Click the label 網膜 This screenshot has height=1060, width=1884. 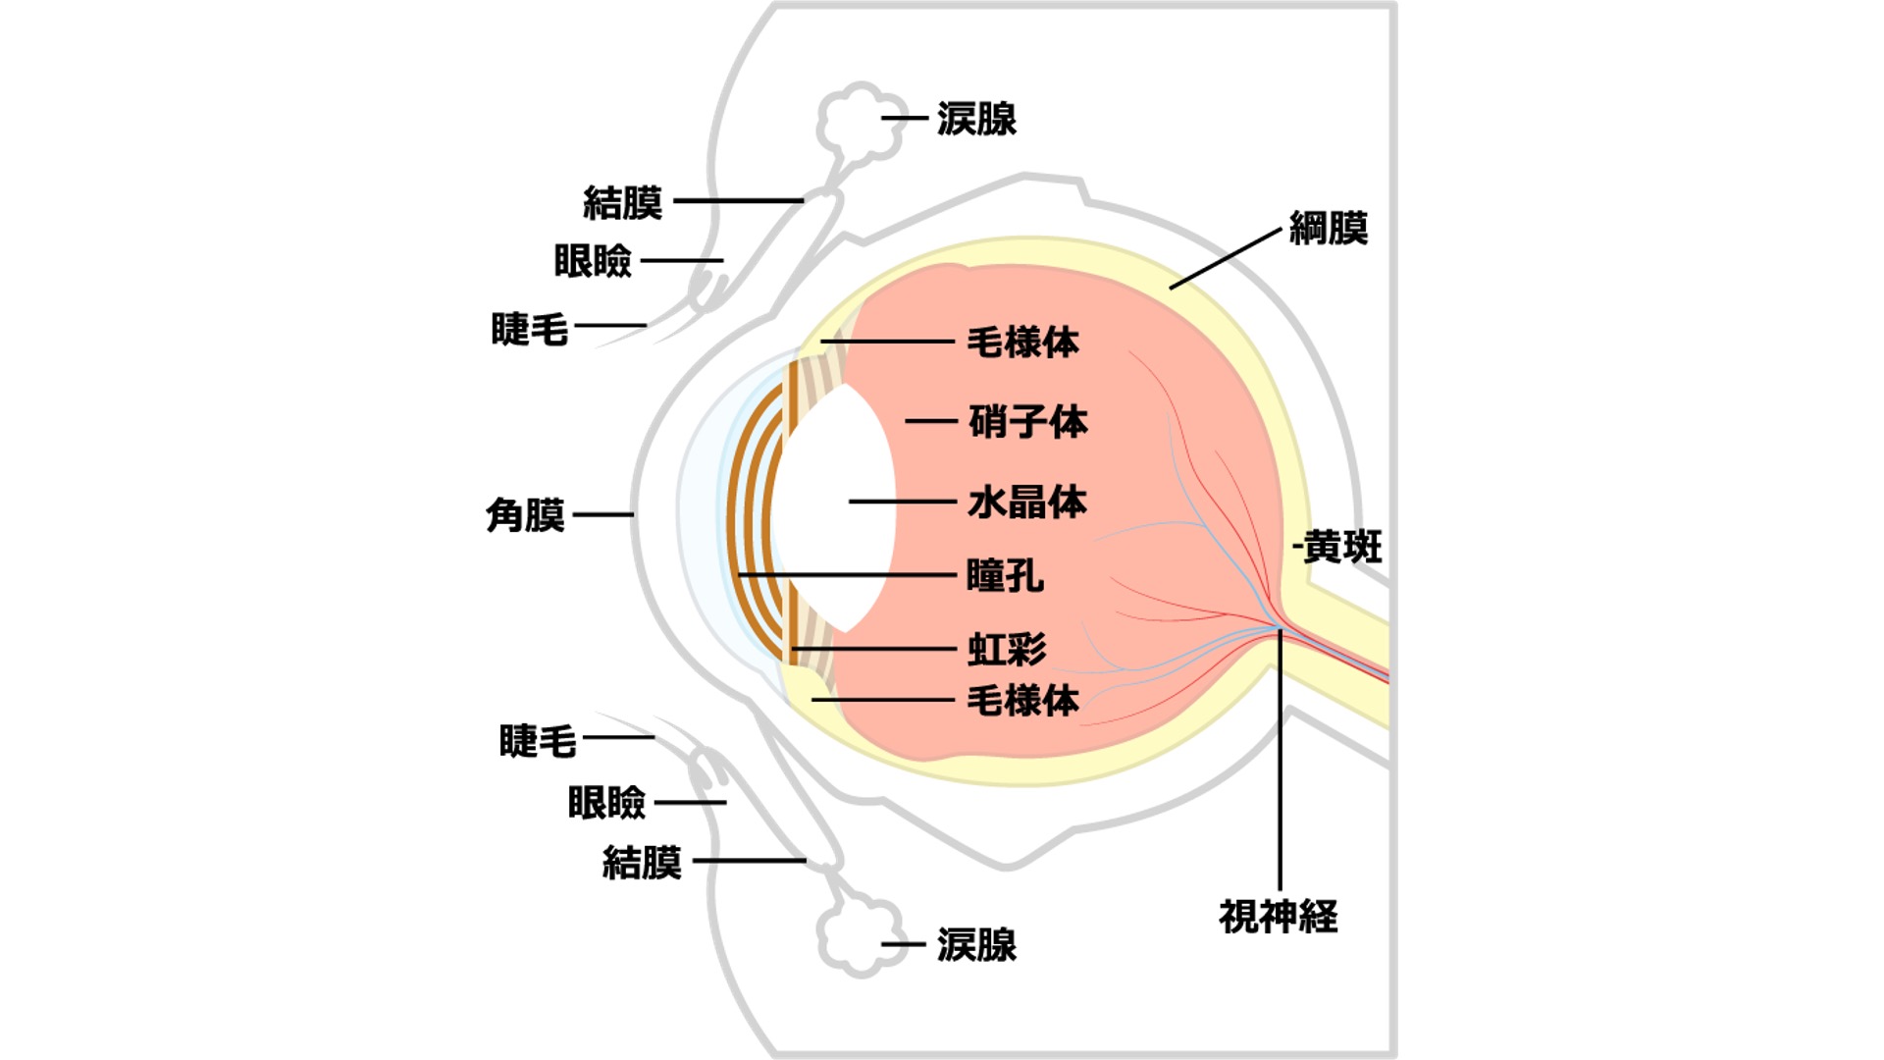[x=1328, y=229]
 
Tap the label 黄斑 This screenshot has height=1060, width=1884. [x=1342, y=548]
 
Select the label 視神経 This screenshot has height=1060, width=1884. [x=1278, y=917]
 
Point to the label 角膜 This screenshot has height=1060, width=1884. [x=525, y=514]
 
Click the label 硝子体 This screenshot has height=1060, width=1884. [x=1027, y=422]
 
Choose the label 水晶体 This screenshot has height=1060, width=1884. [x=1027, y=502]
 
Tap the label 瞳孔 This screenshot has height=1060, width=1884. [x=1005, y=576]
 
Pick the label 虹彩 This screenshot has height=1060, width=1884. [x=1007, y=649]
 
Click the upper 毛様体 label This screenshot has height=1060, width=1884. [x=1022, y=343]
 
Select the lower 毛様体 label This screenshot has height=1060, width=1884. [x=1022, y=701]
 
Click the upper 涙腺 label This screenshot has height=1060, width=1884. [x=976, y=119]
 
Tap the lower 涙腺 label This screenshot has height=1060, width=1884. [x=976, y=945]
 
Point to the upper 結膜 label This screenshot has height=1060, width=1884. [x=622, y=202]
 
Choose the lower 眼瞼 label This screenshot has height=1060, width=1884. [x=606, y=803]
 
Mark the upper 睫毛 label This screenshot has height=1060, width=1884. [x=529, y=330]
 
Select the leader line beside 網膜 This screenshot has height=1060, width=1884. [x=1226, y=258]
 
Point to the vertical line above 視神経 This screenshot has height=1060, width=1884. [x=1280, y=759]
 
